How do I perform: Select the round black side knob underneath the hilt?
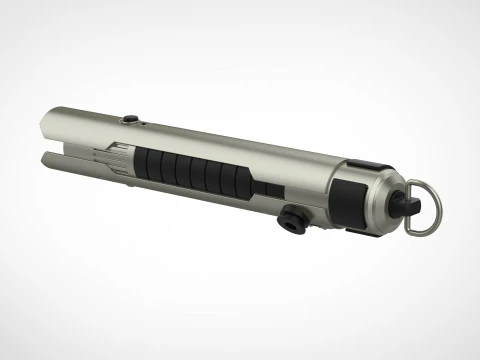coord(295,219)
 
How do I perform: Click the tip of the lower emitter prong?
coord(42,157)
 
